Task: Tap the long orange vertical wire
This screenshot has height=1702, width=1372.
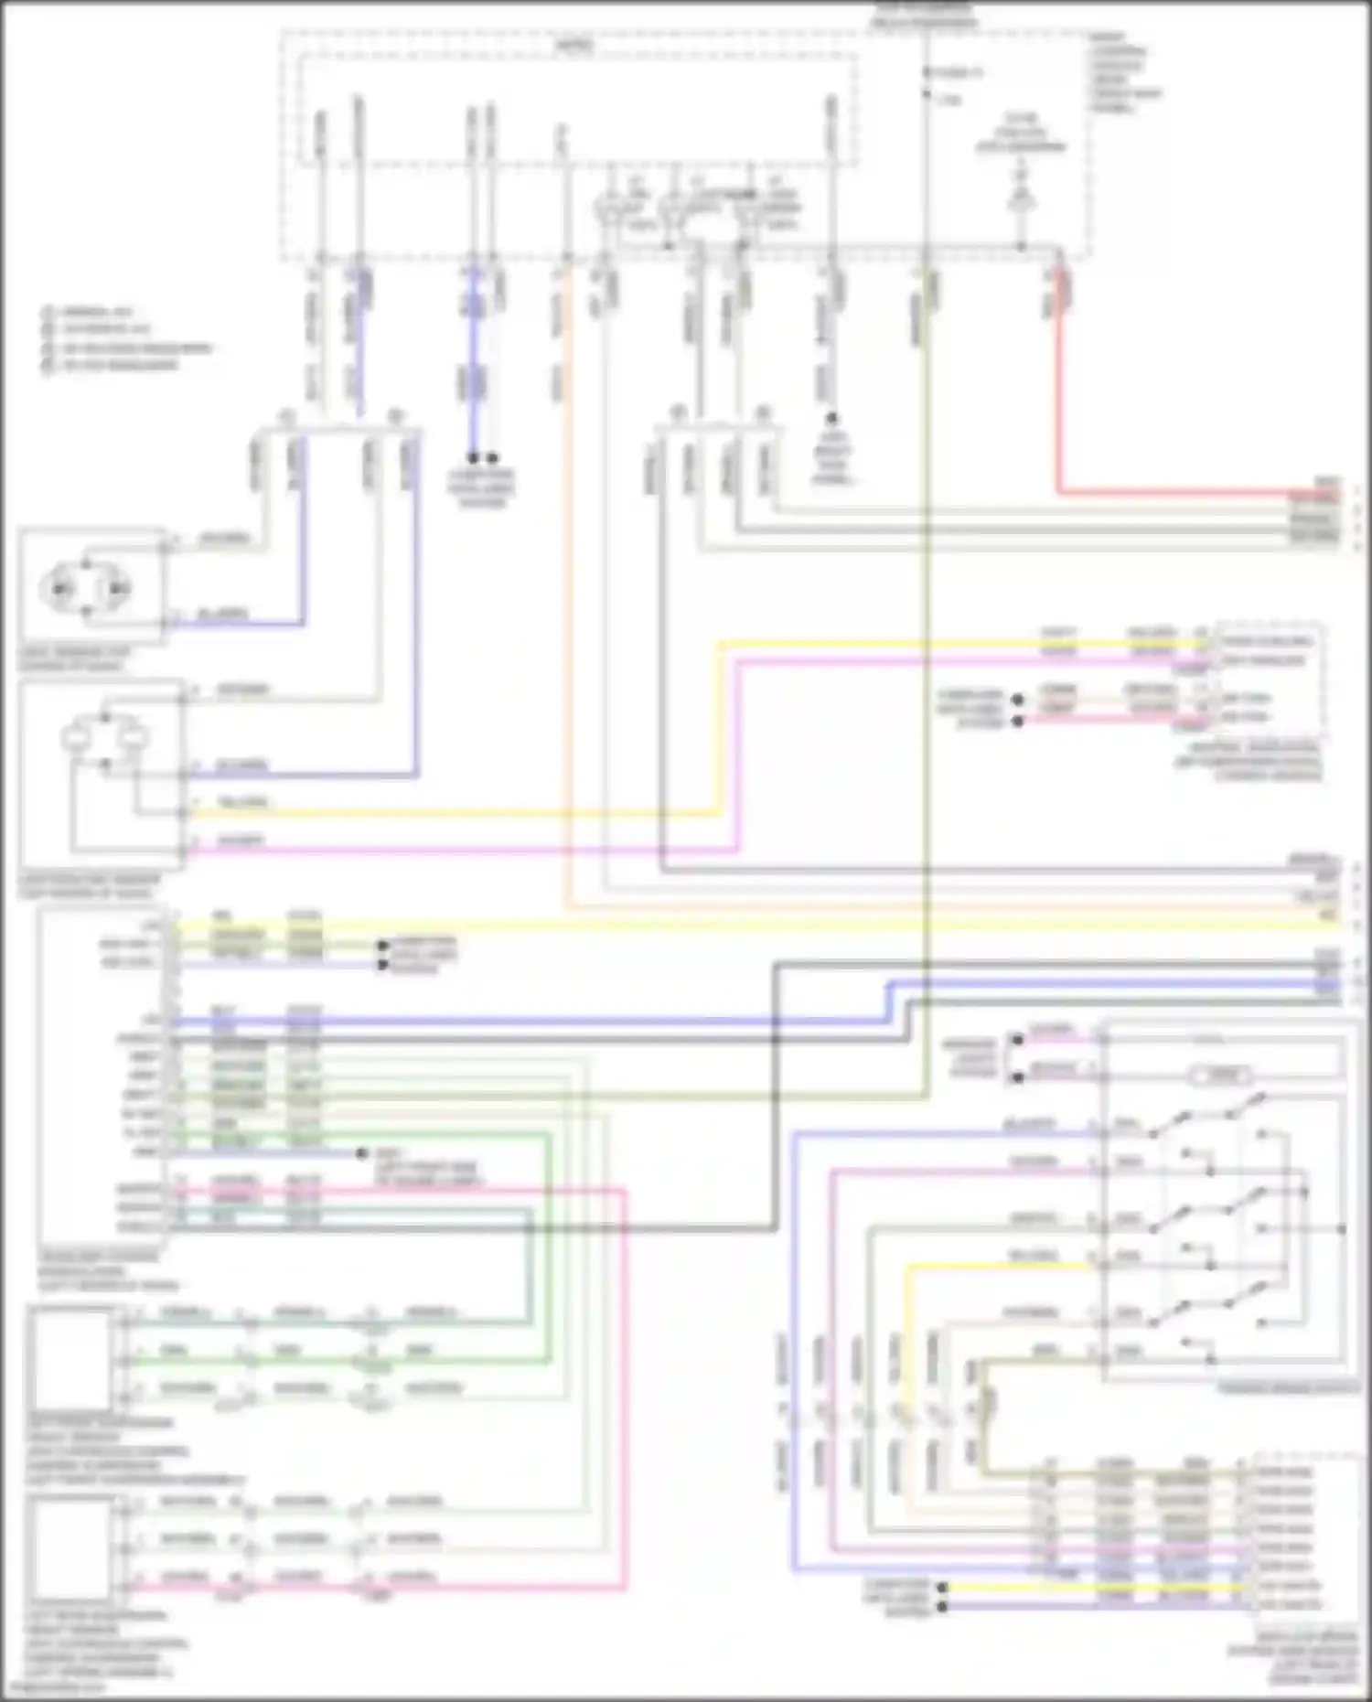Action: tap(569, 594)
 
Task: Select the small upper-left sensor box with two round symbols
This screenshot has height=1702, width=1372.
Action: tap(91, 585)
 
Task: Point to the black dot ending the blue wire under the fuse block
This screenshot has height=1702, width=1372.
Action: tap(473, 457)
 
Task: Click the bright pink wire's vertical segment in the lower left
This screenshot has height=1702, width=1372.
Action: tap(626, 1390)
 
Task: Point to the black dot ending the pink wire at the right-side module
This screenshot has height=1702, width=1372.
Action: tap(1017, 722)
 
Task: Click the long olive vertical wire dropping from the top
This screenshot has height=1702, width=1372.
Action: tap(926, 640)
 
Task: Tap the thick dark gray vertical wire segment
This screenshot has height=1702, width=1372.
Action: tap(776, 1097)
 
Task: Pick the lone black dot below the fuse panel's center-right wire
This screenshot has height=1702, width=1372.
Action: tap(832, 418)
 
